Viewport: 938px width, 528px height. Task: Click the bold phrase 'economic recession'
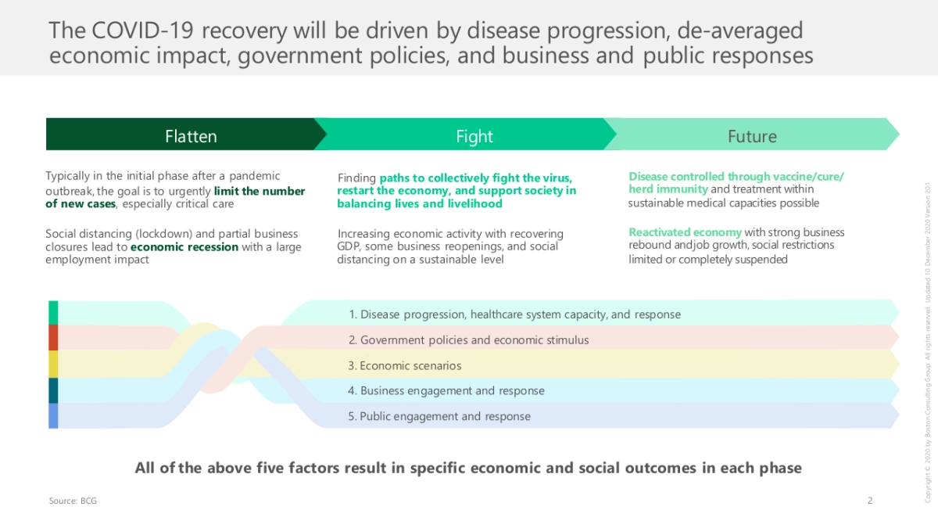point(184,247)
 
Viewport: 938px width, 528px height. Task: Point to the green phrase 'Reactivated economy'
point(685,232)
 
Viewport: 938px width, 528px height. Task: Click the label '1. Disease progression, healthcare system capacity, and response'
point(514,314)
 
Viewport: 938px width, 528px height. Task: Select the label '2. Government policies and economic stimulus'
point(468,339)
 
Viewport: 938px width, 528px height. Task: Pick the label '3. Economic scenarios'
point(405,365)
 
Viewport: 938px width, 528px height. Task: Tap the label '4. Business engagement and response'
point(446,391)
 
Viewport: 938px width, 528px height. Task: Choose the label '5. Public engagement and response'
point(439,416)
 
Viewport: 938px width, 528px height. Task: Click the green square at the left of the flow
point(53,313)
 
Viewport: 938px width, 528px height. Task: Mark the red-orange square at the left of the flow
point(53,338)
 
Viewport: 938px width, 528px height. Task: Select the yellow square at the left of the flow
point(53,365)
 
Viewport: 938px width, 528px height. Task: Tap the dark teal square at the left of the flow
point(53,390)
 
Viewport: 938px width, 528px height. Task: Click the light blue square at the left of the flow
point(53,415)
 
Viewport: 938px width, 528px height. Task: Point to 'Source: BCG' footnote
point(73,501)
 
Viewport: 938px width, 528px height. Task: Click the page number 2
point(870,501)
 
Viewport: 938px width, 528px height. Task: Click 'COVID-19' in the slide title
point(142,31)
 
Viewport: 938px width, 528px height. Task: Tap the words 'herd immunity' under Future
point(668,189)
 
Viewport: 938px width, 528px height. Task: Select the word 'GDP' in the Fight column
point(348,246)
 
